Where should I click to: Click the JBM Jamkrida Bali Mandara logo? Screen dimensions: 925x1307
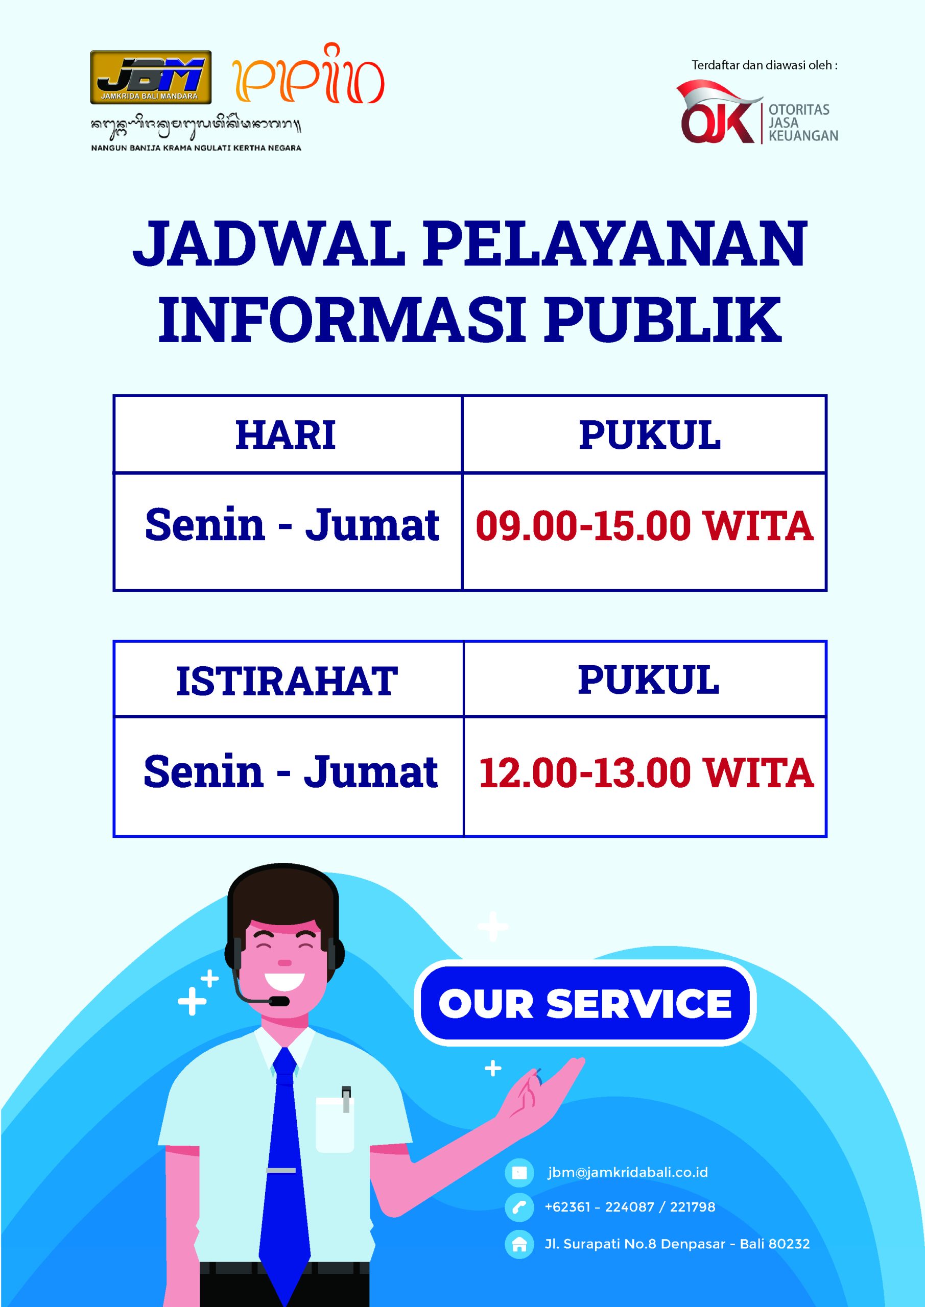pyautogui.click(x=151, y=78)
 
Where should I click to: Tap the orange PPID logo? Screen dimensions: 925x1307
pyautogui.click(x=308, y=74)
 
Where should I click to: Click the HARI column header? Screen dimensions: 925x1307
pyautogui.click(x=286, y=435)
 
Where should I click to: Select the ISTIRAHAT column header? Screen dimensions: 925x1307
pyautogui.click(x=287, y=681)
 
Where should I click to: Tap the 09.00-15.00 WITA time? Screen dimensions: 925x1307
pyautogui.click(x=644, y=525)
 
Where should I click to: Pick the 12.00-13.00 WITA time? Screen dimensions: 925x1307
pyautogui.click(x=646, y=772)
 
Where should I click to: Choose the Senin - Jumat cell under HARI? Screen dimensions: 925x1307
pyautogui.click(x=292, y=524)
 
